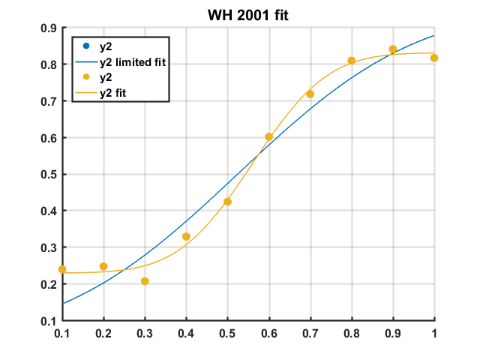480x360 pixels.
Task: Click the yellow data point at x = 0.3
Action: coord(145,281)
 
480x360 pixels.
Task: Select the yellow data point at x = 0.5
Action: coord(227,202)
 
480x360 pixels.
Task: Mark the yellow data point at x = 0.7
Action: coord(310,94)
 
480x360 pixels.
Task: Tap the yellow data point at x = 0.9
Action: coord(393,49)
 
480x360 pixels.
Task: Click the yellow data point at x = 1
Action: coord(434,58)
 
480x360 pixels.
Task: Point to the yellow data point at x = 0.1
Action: coord(62,269)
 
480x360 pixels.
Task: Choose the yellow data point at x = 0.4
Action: coord(186,236)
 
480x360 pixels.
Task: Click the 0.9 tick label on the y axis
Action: coord(47,28)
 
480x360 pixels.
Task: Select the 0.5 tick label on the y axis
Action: coord(47,175)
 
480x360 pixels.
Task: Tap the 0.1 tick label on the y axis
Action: coord(47,321)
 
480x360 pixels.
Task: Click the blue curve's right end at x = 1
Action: coord(434,35)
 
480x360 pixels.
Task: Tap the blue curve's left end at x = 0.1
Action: coord(62,304)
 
